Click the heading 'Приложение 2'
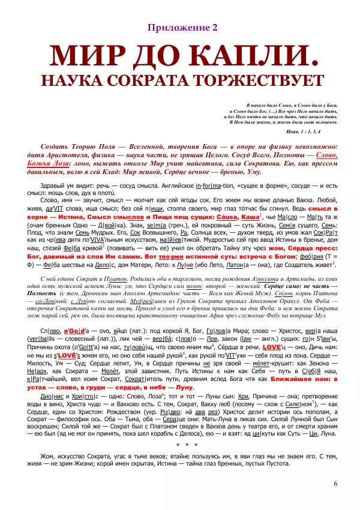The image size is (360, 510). pyautogui.click(x=179, y=28)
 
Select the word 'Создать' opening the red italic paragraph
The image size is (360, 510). pyautogui.click(x=55, y=146)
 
